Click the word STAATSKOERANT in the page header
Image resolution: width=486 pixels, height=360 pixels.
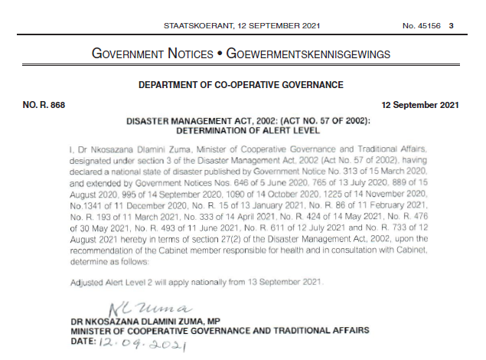194,26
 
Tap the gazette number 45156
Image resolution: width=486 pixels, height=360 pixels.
427,26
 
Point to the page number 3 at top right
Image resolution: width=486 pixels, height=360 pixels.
452,26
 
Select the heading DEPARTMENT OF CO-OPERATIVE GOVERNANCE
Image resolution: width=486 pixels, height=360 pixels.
241,85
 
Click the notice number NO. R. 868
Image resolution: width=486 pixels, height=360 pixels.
44,105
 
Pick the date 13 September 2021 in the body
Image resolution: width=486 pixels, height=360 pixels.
288,281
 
